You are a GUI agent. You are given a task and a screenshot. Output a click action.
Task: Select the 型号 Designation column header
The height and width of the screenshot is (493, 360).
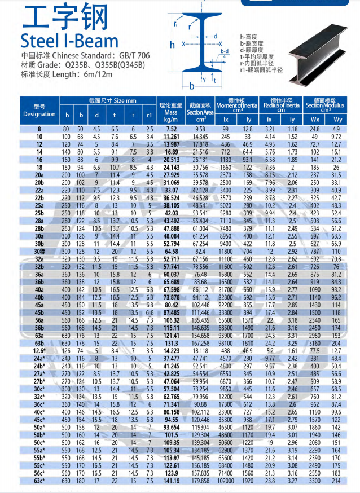(x=39, y=111)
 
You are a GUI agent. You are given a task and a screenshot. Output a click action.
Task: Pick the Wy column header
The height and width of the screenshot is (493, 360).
(x=337, y=120)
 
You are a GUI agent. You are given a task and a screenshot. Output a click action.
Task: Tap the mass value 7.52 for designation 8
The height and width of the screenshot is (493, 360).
(x=171, y=129)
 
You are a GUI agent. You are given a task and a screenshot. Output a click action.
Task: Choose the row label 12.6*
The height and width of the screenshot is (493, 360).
(x=39, y=350)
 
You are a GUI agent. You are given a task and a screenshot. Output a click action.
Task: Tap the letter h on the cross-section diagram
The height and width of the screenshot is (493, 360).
(x=172, y=43)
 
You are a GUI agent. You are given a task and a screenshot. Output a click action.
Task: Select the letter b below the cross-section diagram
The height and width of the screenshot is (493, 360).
(x=191, y=86)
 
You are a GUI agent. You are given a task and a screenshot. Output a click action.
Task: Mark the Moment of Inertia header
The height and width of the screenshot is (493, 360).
(x=236, y=105)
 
